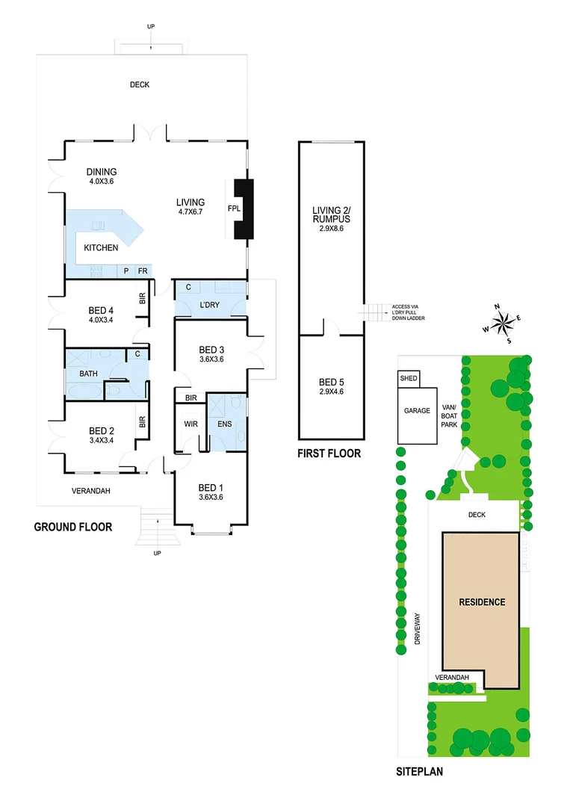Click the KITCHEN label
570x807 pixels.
click(x=100, y=247)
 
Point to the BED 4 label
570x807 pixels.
click(x=101, y=306)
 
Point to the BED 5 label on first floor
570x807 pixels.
click(x=330, y=386)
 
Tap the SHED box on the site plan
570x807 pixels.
click(x=409, y=379)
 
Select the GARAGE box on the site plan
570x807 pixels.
click(x=417, y=410)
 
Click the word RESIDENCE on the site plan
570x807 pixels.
click(x=481, y=602)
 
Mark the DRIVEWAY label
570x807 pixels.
click(x=418, y=628)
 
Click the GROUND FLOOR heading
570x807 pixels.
click(x=73, y=527)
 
